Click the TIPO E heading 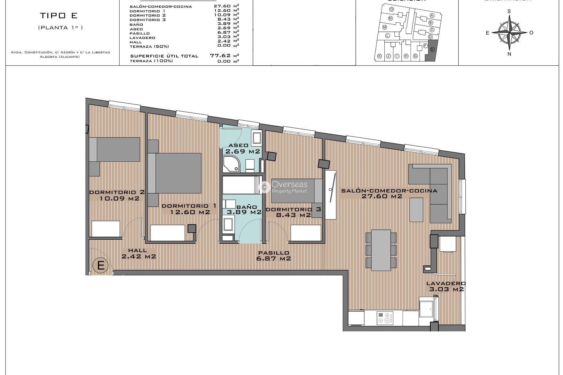point(59,16)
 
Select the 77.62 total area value point(221,55)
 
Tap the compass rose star point(509,32)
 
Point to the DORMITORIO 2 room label point(117,192)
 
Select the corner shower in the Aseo point(231,164)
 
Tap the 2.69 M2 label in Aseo point(243,151)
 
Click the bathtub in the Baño point(242,185)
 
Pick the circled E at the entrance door point(101,265)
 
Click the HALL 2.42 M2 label point(138,253)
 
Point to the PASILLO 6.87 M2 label point(273,255)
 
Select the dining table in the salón point(381,250)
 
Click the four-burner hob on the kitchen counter point(385,318)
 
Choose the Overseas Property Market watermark point(284,187)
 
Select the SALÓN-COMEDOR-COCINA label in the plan point(389,191)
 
